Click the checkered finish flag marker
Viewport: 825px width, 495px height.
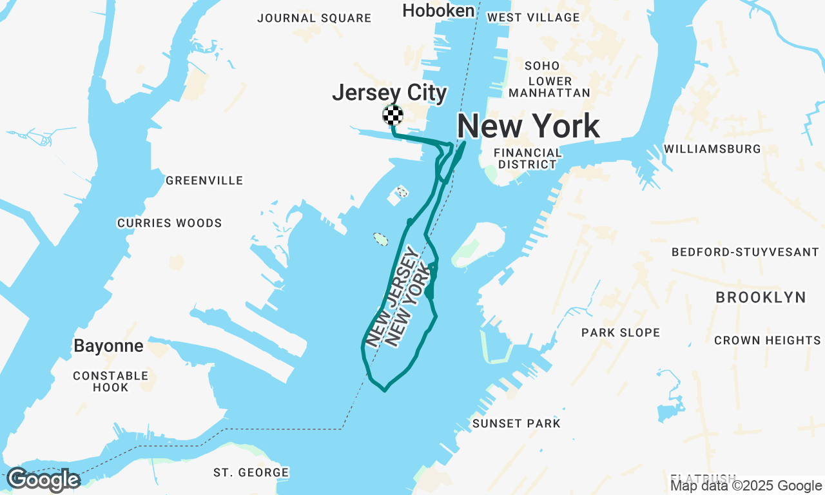[393, 115]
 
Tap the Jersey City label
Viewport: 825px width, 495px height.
[389, 93]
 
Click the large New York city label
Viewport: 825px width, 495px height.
[529, 126]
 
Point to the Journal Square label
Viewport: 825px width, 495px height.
[315, 18]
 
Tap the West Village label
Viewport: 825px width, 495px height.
[534, 17]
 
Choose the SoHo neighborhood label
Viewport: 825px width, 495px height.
[542, 66]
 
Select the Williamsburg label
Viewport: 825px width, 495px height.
[712, 149]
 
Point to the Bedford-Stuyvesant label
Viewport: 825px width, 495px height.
[745, 252]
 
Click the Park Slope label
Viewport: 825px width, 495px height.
[621, 333]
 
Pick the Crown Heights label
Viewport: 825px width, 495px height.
[767, 340]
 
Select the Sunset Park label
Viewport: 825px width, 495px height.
[516, 423]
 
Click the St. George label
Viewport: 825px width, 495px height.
[251, 472]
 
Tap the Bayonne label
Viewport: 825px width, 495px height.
[108, 346]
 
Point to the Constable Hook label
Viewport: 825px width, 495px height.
[111, 382]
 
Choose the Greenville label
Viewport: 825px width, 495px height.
[204, 180]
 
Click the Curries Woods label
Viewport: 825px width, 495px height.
[170, 223]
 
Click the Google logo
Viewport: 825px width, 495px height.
[43, 480]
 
